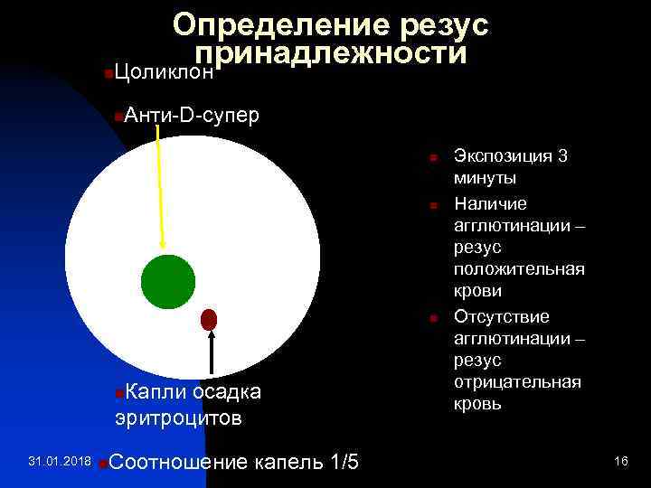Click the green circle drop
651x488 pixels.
tap(168, 281)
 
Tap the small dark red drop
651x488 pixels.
tap(210, 318)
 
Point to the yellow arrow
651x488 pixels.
tap(160, 185)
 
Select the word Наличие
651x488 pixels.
tap(491, 202)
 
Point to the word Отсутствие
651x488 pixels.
tap(502, 316)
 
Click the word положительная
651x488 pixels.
tap(519, 269)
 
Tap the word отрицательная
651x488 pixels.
tap(516, 382)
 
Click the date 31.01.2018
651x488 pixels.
tap(60, 462)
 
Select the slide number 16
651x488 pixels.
tap(620, 462)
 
